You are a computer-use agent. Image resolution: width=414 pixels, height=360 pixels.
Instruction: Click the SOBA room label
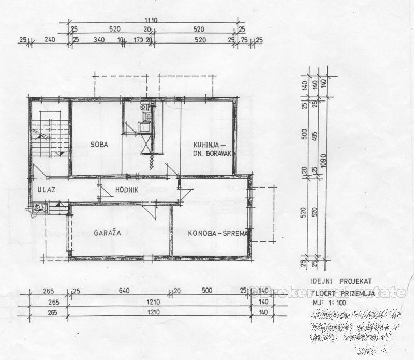coord(99,145)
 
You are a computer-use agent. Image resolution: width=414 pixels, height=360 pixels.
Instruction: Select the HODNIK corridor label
coord(127,190)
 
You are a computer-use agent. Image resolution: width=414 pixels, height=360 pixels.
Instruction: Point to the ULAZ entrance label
coord(46,190)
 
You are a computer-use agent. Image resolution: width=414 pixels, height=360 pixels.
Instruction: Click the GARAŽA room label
coord(108,233)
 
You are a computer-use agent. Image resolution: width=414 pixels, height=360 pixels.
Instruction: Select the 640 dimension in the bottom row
coord(124,291)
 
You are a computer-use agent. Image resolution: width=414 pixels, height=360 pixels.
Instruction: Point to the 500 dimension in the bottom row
coord(209,291)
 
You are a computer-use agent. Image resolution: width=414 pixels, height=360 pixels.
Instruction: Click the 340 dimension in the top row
coord(99,39)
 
